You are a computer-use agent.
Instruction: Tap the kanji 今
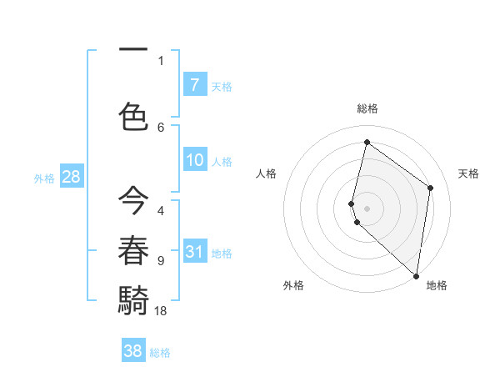pos(133,201)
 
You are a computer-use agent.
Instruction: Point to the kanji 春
pos(133,249)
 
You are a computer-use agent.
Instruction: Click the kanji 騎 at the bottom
pos(133,298)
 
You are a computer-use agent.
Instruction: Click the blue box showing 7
pos(194,84)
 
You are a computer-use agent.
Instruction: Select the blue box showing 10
pos(194,160)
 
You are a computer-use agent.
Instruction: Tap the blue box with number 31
pos(194,251)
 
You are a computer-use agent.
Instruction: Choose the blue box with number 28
pos(71,176)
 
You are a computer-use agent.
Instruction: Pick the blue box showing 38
pos(132,351)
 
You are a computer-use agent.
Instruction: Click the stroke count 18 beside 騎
pos(161,310)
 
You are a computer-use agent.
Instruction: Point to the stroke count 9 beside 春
pos(161,261)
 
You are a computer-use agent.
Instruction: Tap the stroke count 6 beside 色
pos(161,128)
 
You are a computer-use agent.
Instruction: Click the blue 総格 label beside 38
pos(160,353)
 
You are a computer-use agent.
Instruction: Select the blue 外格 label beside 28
pos(43,178)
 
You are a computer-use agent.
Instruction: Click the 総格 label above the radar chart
pos(367,108)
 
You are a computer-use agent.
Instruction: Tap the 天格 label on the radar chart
pos(469,173)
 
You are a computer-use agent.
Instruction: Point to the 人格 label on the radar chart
pos(266,173)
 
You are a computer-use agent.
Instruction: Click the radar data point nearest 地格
pos(416,276)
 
